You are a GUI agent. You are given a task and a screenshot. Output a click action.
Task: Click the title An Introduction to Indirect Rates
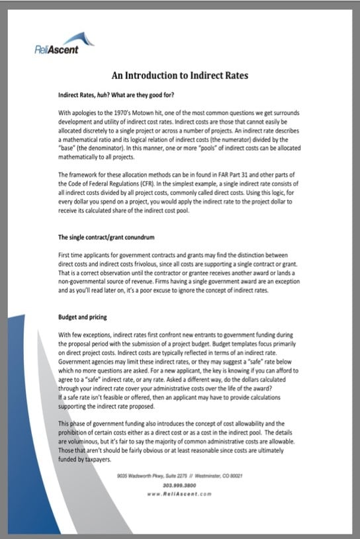click(179, 75)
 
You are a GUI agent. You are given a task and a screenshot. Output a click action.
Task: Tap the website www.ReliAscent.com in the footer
click(180, 493)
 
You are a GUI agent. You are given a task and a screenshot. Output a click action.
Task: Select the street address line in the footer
click(180, 476)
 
